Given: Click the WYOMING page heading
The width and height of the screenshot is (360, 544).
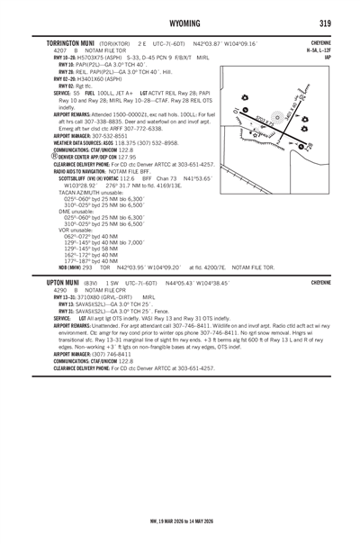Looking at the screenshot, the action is [x=180, y=21].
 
